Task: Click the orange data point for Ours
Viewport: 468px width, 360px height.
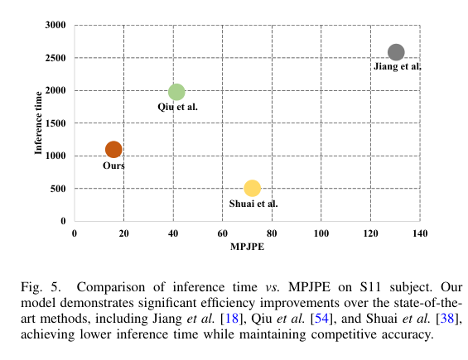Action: (113, 149)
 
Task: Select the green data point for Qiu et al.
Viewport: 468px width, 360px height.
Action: (176, 92)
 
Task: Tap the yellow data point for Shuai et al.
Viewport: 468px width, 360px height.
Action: (253, 189)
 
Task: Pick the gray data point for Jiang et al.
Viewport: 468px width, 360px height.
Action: (396, 52)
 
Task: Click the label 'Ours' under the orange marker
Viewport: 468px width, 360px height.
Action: (114, 166)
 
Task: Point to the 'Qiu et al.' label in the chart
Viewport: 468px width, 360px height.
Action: (177, 107)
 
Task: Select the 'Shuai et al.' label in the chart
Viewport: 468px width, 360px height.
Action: (253, 204)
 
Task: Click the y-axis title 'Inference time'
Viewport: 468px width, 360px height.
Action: (38, 122)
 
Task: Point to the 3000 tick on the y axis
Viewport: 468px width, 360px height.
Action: (55, 26)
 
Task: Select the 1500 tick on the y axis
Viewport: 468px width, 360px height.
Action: (55, 123)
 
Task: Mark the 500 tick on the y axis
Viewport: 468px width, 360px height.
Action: (59, 189)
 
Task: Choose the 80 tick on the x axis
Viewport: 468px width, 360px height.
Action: (271, 234)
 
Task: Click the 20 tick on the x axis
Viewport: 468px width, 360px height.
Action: (123, 234)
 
